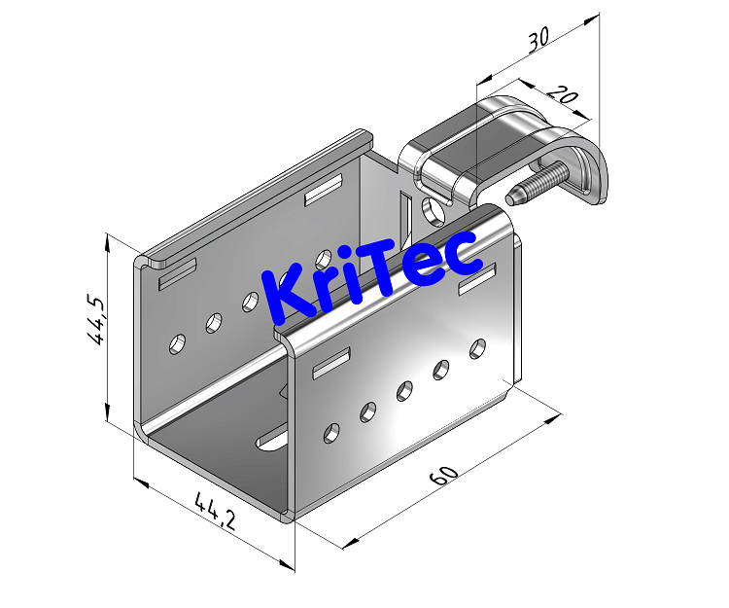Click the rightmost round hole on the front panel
pos(477,347)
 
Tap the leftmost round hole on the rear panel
pos(178,342)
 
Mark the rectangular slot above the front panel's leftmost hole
pos(330,362)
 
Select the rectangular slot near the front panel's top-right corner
pos(476,283)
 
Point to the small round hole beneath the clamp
pos(434,207)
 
